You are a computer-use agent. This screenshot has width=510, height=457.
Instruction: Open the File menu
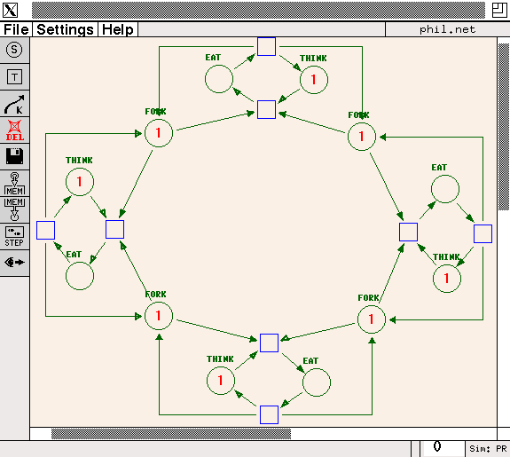click(16, 29)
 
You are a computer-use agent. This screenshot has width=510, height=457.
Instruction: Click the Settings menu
click(65, 29)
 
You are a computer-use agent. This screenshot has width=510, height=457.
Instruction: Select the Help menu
click(118, 29)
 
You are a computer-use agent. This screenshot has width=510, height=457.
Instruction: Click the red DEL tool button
click(15, 130)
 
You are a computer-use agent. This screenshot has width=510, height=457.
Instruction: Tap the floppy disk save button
click(15, 156)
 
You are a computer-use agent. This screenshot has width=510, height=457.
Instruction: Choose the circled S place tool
click(14, 50)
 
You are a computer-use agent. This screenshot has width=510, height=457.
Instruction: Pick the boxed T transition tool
click(14, 77)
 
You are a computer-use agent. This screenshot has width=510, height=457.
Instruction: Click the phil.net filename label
click(447, 29)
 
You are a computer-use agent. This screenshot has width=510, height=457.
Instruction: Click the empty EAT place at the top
click(219, 79)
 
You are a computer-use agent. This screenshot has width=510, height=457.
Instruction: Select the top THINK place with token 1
click(314, 80)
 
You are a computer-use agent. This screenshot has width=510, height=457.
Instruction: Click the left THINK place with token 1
click(80, 182)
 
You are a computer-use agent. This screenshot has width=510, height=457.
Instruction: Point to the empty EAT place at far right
click(445, 189)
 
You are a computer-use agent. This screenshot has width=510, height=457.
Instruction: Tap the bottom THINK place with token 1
click(221, 380)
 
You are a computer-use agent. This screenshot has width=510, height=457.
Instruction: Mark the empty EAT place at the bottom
click(317, 382)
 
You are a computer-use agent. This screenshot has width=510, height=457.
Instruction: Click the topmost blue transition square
click(266, 46)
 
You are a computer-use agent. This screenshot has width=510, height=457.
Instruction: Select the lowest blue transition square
click(269, 414)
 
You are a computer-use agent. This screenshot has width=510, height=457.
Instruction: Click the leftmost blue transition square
click(45, 230)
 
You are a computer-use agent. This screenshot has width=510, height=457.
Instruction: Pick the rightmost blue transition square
click(483, 233)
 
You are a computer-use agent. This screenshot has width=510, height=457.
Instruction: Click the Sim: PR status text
click(488, 449)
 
